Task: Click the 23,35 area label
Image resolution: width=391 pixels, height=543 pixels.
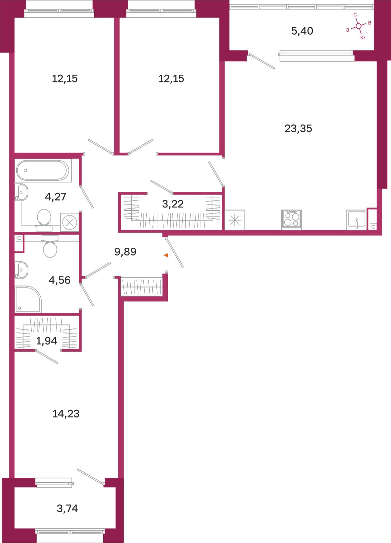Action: [298, 129]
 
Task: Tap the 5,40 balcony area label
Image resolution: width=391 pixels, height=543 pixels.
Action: [302, 31]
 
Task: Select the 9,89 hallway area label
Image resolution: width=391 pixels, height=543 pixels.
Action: [125, 252]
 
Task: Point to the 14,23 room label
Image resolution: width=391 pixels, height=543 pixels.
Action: [66, 413]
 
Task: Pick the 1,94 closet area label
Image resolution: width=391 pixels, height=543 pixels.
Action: [46, 341]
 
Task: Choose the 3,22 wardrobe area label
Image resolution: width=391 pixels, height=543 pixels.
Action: [173, 204]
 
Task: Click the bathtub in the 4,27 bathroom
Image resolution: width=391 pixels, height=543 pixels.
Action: [42, 170]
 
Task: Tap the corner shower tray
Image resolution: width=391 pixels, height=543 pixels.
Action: [28, 299]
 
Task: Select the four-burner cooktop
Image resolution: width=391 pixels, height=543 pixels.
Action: [291, 219]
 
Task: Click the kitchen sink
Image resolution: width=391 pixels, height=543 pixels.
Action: [356, 220]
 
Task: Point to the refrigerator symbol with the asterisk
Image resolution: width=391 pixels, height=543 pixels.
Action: [235, 220]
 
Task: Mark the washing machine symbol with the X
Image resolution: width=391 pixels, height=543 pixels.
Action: [70, 222]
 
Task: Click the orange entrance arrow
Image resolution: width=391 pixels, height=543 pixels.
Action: [166, 255]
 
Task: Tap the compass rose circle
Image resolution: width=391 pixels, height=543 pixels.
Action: [359, 26]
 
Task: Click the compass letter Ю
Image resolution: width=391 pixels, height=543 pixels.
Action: [363, 37]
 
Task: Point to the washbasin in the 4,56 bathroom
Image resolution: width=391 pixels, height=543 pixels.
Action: [21, 270]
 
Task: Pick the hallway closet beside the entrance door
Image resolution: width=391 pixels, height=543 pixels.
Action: [142, 287]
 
